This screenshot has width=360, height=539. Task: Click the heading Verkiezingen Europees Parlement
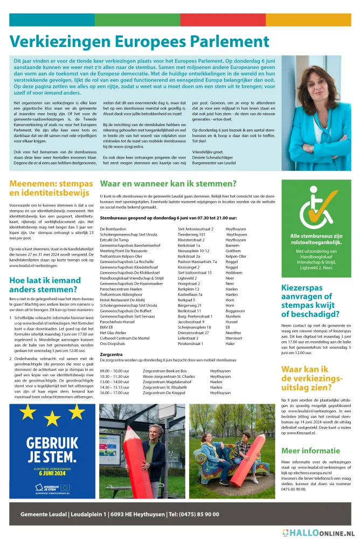[x=139, y=42]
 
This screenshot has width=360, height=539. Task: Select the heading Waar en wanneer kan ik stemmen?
[x=168, y=184]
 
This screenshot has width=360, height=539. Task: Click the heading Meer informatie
[x=310, y=451]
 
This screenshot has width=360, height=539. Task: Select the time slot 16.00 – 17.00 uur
[x=114, y=393]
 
